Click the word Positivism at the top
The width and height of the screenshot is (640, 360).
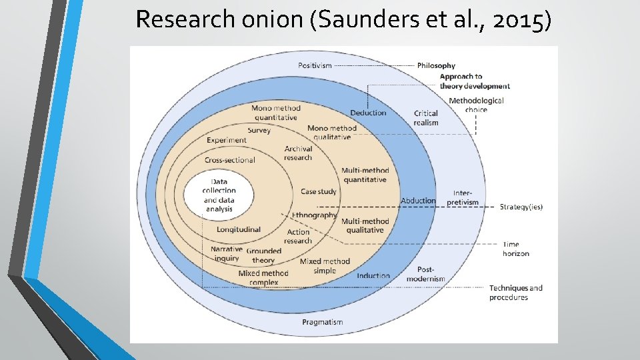pos(315,65)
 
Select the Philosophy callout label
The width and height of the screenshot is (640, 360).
pos(436,65)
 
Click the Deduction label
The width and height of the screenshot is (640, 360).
pos(368,113)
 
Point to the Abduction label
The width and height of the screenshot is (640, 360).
pos(418,201)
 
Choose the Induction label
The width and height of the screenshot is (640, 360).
pos(373,275)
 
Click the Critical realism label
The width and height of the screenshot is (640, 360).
pos(426,118)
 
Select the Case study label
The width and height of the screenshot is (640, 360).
pos(319,191)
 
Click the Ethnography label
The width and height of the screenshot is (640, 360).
pos(315,215)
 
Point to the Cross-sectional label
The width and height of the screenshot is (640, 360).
pos(230,160)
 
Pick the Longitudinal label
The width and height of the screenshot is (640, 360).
pos(239,229)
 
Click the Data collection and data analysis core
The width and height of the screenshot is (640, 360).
pos(219,195)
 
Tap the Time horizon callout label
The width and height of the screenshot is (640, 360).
pos(516,249)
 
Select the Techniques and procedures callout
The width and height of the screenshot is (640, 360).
pos(516,293)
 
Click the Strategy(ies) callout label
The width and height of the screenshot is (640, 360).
pos(521,207)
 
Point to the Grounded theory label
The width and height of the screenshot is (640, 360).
pos(264,255)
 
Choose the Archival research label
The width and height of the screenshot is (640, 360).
pos(298,153)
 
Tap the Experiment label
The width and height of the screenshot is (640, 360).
pos(227,141)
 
